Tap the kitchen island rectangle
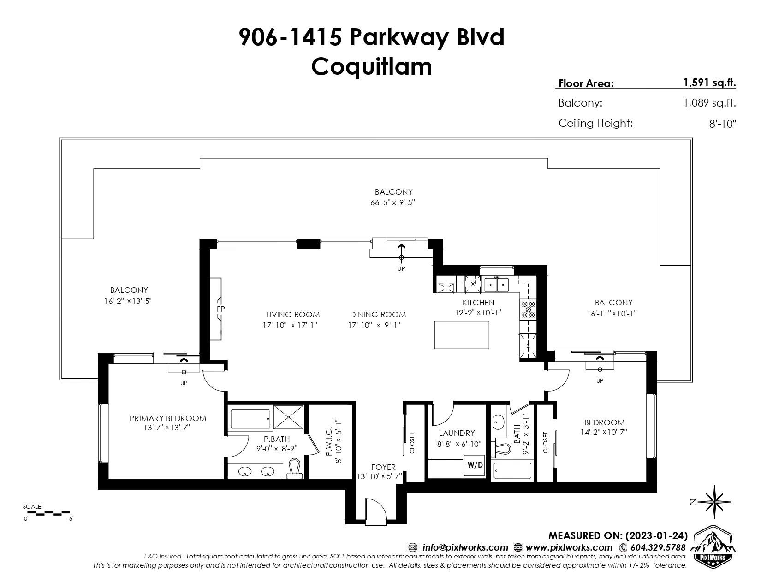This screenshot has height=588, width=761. click(462, 335)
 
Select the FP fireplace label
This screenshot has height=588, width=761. click(220, 309)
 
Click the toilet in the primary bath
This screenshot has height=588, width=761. click(296, 469)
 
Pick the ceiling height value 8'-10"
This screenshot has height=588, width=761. click(723, 124)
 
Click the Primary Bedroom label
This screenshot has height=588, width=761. click(168, 418)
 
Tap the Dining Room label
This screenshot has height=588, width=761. click(378, 315)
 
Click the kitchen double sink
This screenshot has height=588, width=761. click(497, 285)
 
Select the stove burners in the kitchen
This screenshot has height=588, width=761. click(529, 309)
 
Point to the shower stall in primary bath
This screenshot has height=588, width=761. click(288, 417)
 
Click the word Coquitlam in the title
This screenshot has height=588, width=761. click(372, 66)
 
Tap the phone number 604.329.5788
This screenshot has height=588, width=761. click(658, 547)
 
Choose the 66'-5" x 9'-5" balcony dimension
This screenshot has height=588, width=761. click(392, 202)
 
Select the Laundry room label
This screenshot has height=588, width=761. click(457, 433)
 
